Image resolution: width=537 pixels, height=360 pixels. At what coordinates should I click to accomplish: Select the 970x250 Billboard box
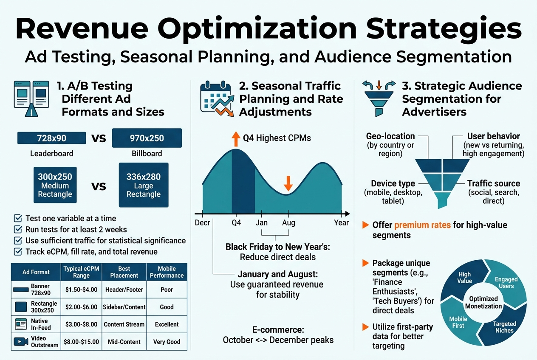click(x=147, y=138)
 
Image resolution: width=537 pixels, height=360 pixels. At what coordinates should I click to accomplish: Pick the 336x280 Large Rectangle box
click(x=144, y=185)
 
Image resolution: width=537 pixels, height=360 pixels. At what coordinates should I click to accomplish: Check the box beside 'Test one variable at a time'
click(x=18, y=219)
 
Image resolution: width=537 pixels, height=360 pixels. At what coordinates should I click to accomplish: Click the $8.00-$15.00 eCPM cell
click(x=81, y=342)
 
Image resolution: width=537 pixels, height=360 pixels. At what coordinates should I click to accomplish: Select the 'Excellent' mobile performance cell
click(x=167, y=324)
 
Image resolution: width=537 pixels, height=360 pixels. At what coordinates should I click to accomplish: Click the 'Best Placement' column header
click(x=124, y=272)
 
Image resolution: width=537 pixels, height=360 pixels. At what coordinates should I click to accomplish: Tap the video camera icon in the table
click(x=20, y=341)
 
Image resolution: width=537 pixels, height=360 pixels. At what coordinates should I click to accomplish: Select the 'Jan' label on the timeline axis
click(x=262, y=223)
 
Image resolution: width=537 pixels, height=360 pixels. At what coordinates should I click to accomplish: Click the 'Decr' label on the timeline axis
click(x=203, y=223)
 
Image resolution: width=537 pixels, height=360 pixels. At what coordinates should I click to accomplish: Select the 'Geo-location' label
click(x=390, y=136)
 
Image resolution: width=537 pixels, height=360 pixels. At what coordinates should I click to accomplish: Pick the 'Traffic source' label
click(x=493, y=183)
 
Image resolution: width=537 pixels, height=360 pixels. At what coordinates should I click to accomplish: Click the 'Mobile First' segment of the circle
click(x=458, y=322)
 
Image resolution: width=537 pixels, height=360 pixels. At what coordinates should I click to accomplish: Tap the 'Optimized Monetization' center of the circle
click(x=483, y=303)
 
